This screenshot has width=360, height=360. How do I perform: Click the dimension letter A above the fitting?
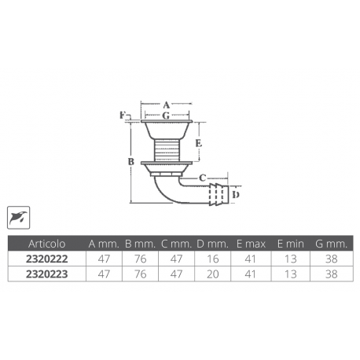tap(166, 105)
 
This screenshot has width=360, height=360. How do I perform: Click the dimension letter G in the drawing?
tap(166, 115)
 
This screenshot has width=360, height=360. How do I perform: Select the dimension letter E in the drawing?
tap(198, 143)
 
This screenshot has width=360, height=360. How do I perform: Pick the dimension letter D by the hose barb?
tap(237, 193)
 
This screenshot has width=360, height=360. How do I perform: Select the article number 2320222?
tap(46, 257)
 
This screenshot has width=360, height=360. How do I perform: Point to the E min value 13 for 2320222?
tap(292, 257)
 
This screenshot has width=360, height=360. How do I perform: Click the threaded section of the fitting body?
tap(166, 147)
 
